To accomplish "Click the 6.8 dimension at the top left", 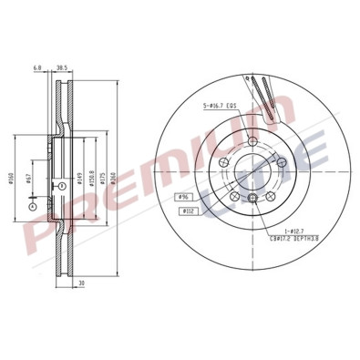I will (36, 68).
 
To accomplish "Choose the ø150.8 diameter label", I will (93, 180).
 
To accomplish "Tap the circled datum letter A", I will (32, 206).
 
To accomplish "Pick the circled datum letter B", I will (61, 185).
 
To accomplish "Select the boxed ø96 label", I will (182, 196).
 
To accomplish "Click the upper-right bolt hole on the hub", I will (278, 160).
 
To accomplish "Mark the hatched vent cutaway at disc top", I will (264, 94).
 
